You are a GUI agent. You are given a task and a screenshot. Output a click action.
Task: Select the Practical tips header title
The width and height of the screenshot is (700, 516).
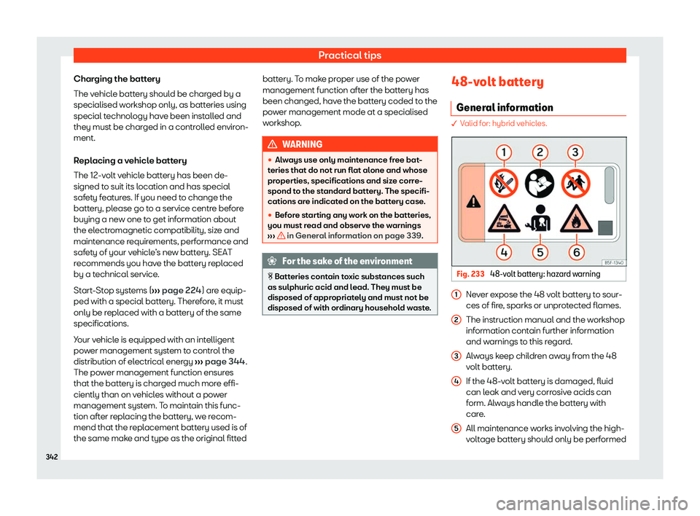[351, 55]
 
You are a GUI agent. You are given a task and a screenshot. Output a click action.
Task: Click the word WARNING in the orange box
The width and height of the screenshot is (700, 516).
[305, 145]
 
